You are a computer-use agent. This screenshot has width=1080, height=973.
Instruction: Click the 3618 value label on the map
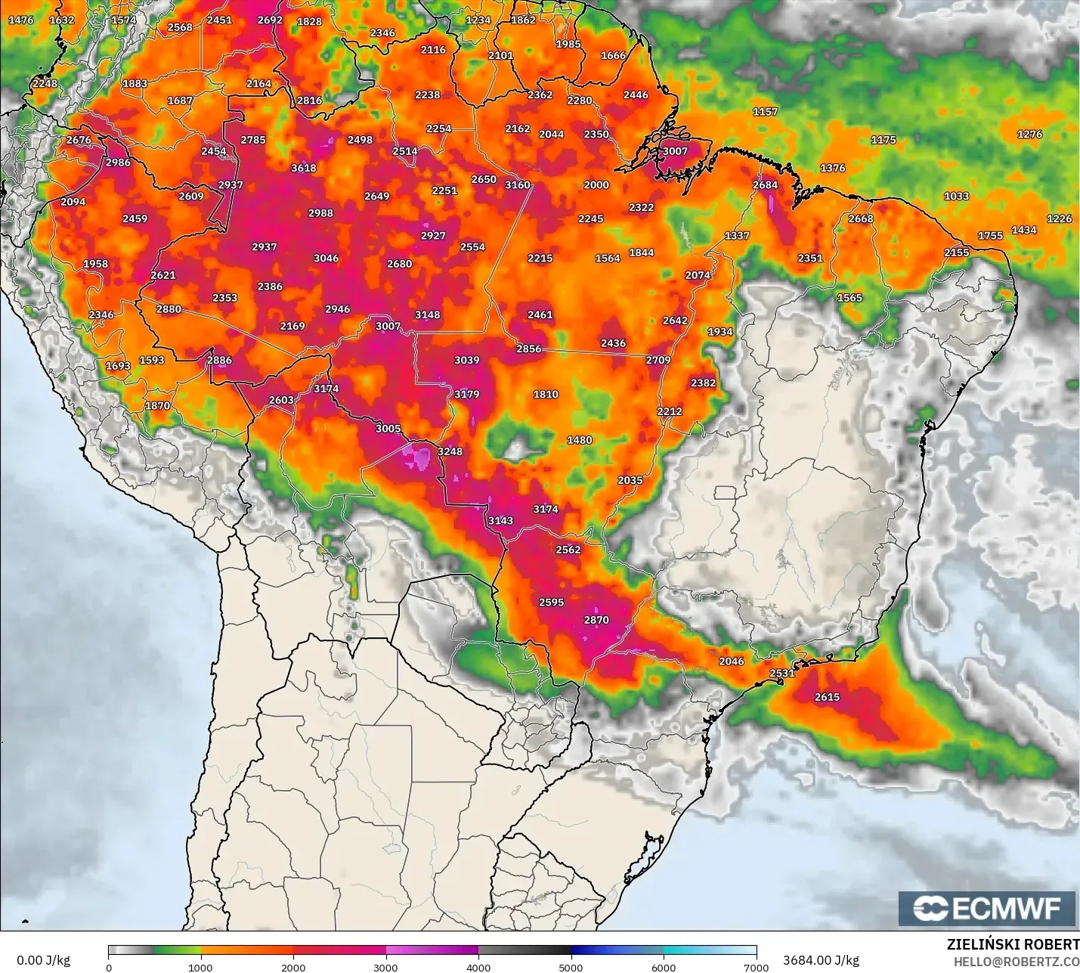[304, 168]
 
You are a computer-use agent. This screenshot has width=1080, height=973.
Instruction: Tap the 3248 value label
[450, 451]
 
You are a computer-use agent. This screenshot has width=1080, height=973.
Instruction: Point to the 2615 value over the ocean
[827, 697]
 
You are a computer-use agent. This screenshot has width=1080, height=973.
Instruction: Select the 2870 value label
[596, 620]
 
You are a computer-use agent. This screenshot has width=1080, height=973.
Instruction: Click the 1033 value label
[956, 196]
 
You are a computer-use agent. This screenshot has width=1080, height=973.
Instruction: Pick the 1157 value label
[765, 111]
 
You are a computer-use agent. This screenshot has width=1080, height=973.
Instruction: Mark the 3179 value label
[467, 394]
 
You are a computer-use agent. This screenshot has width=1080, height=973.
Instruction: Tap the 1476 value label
[21, 20]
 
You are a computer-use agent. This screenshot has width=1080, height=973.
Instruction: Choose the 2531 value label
[782, 673]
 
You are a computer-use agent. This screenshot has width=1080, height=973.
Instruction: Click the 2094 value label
[73, 202]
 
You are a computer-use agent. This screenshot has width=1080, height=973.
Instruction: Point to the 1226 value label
[1059, 218]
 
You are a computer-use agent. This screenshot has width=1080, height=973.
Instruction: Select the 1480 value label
[580, 440]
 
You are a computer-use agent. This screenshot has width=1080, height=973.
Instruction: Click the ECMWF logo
[986, 908]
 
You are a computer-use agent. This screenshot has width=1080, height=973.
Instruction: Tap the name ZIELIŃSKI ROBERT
[1013, 944]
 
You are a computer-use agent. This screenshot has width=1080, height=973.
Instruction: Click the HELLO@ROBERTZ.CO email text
[1016, 962]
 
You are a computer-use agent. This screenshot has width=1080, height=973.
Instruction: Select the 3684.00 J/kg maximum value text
[821, 960]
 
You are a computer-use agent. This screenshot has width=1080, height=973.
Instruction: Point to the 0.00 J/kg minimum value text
[43, 960]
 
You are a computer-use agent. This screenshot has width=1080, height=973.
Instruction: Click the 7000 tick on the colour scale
[756, 967]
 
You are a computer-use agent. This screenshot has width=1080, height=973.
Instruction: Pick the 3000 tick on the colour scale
[385, 967]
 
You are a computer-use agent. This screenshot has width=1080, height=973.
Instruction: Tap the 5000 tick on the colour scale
[571, 967]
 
